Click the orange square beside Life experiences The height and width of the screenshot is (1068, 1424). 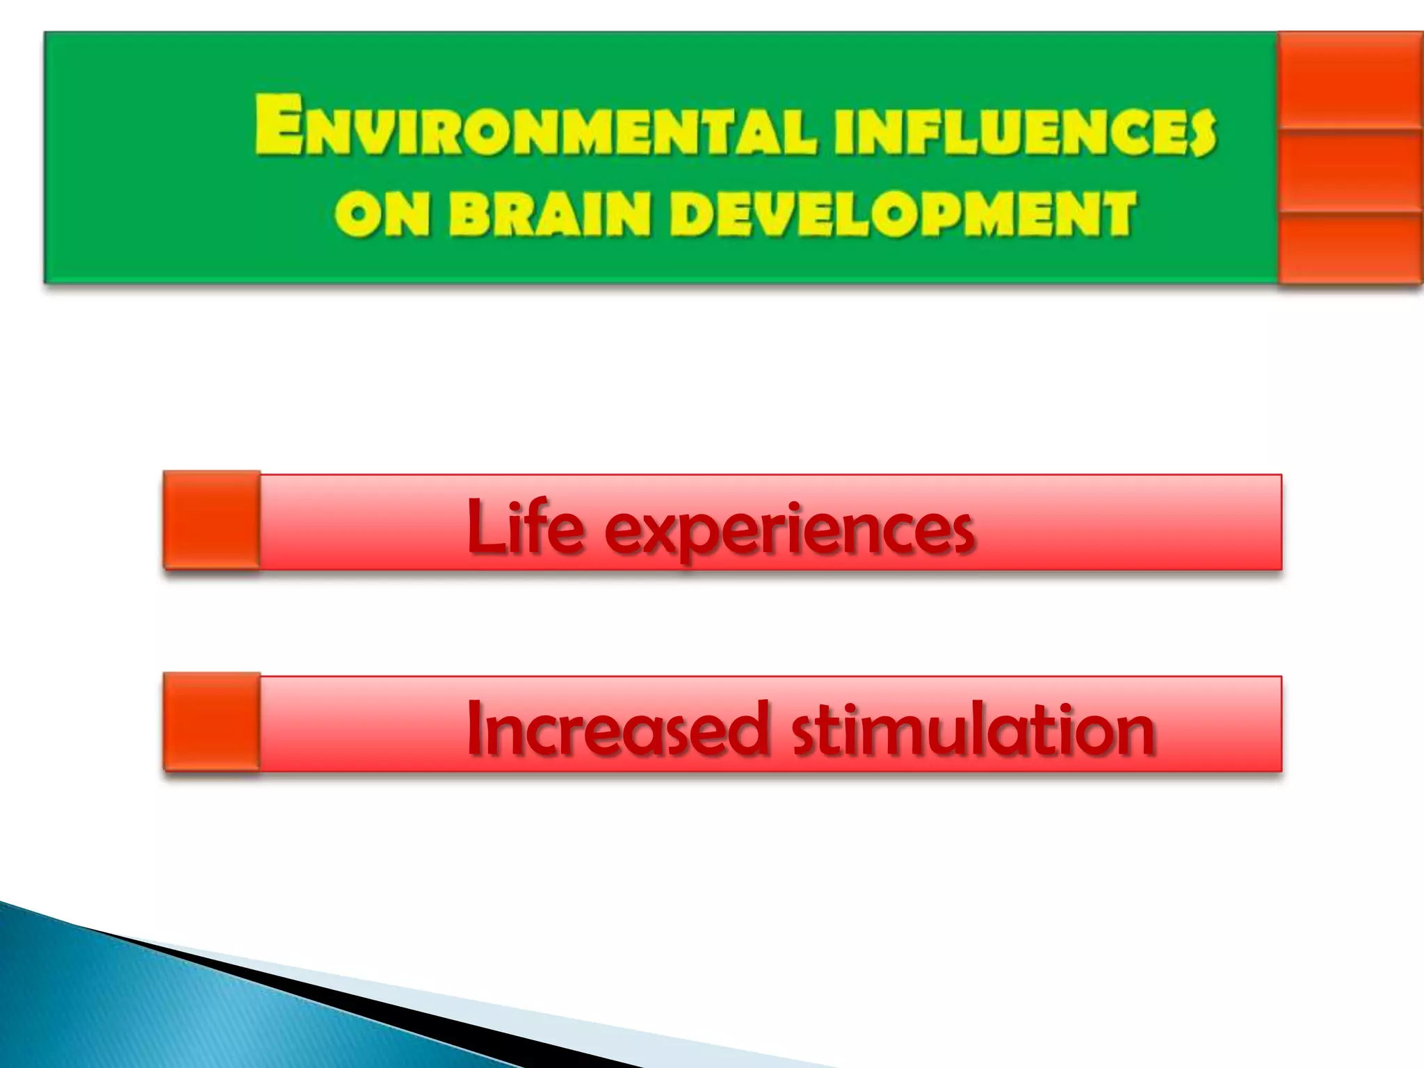212,520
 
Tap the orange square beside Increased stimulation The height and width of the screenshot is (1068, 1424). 212,722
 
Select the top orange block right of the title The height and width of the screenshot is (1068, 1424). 1349,80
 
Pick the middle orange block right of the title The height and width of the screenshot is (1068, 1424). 1349,170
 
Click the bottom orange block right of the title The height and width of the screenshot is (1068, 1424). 1349,248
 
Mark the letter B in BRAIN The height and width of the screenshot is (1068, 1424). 469,214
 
